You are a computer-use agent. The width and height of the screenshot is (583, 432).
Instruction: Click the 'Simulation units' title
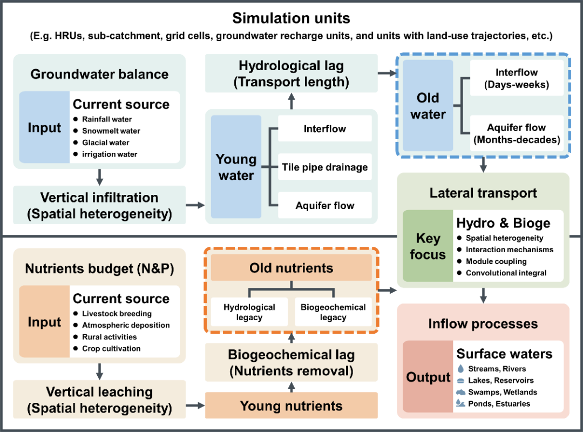coord(291,18)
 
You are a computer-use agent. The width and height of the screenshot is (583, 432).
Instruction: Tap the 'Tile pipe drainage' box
coord(325,167)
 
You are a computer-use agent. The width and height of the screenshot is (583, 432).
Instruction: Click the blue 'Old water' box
coord(428,105)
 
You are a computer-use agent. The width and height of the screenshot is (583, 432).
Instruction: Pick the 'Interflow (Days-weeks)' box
coord(517,78)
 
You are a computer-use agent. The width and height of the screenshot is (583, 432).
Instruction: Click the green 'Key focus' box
coord(428,246)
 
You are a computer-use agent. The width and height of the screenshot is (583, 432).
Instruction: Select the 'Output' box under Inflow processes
coord(428,377)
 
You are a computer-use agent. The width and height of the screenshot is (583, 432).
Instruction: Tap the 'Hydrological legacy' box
coord(249,312)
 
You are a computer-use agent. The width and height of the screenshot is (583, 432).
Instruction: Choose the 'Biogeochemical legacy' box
coord(333,312)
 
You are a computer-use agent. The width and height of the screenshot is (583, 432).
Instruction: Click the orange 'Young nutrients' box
coord(291,406)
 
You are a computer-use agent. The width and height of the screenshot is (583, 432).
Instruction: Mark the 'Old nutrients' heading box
coord(291,268)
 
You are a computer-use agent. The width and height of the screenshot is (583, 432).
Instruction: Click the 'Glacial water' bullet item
coord(105,143)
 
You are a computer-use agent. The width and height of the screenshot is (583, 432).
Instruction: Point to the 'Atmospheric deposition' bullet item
coord(126,325)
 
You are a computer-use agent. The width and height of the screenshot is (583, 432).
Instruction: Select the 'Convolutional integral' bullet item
coord(506,273)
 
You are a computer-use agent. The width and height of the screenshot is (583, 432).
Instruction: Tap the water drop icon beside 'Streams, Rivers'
coord(460,369)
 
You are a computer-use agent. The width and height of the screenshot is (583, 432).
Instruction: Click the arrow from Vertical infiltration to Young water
coord(195,205)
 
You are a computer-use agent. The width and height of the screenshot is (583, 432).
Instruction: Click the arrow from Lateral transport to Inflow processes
coord(483,295)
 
